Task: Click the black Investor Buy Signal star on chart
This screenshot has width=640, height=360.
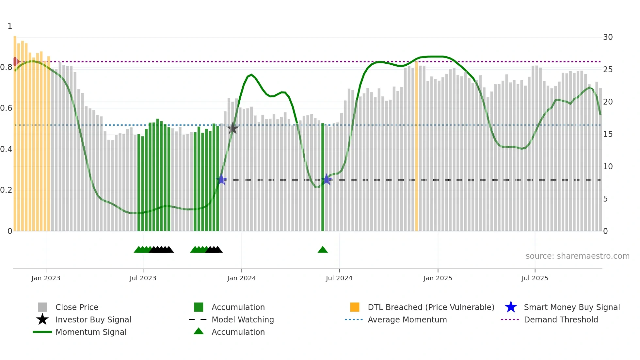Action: pos(232,129)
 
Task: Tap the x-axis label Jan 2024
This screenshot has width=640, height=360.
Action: pos(241,278)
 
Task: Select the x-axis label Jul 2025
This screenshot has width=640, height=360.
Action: pos(535,278)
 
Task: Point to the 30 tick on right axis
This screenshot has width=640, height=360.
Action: pos(608,37)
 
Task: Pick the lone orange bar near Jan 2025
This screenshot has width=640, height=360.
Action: pos(416,147)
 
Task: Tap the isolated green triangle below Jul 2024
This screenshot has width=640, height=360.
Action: pos(323,250)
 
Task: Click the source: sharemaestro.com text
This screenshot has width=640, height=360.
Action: pos(577,256)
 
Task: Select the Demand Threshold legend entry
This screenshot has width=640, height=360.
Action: pos(561,320)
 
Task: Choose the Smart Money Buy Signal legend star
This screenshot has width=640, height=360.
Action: pos(511,307)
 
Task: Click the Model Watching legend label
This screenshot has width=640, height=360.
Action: pos(243,320)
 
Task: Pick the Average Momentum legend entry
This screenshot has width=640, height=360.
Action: pos(407,320)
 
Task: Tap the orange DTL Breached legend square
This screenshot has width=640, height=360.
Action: pos(355,307)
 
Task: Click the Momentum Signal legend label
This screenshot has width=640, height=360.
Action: pos(91,332)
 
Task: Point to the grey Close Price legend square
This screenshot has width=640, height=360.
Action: pos(42,307)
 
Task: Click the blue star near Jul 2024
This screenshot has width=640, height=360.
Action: pos(327,179)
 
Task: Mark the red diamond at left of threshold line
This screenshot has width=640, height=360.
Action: pos(15,61)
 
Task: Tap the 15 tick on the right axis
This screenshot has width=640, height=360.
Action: pos(608,134)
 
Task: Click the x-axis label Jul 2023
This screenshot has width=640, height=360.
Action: pos(143,278)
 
